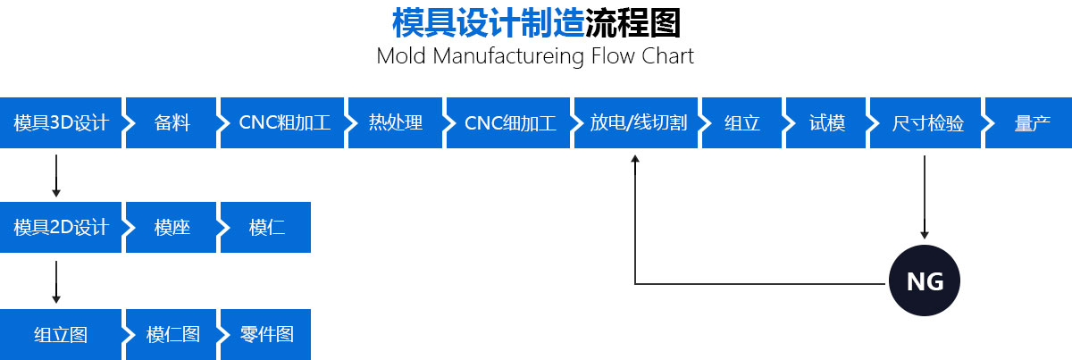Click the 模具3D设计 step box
[60, 123]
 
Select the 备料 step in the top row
[172, 123]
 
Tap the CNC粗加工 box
[284, 123]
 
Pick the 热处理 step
[395, 123]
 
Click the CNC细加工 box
[510, 123]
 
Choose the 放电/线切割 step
[638, 123]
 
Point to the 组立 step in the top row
[741, 123]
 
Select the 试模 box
[827, 123]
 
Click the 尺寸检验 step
[927, 123]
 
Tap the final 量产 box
[1031, 123]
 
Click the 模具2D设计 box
[60, 228]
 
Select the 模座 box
[172, 228]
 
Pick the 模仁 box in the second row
[266, 228]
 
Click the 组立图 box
[60, 335]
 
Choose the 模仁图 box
[172, 335]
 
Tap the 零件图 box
[266, 335]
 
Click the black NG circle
[925, 282]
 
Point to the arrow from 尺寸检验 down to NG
[925, 197]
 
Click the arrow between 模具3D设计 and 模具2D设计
[56, 175]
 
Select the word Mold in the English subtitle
[400, 56]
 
